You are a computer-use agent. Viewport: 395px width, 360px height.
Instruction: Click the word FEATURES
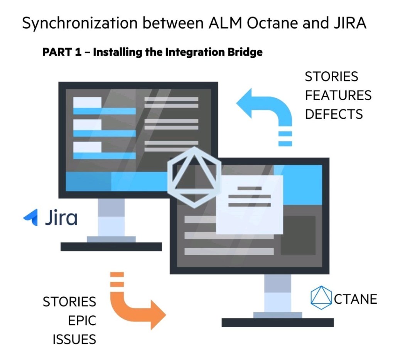coord(338,95)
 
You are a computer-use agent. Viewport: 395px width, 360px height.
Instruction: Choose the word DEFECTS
coord(334,114)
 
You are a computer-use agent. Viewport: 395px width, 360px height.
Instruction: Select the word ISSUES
coord(74,340)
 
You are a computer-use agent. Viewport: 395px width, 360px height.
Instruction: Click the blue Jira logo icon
coord(31,217)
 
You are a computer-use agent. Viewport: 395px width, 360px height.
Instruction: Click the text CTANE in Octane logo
coord(355,299)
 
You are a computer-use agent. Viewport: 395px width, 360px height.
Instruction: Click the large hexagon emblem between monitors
coord(194,177)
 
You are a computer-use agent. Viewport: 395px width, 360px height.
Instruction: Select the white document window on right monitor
coord(249,204)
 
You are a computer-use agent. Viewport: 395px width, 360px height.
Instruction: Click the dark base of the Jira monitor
coord(111,247)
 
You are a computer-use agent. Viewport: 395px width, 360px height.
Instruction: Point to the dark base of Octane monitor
coord(278,322)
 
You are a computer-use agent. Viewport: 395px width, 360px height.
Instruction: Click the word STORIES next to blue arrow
coord(331,77)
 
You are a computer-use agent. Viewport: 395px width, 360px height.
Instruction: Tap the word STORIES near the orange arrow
coord(69,302)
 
